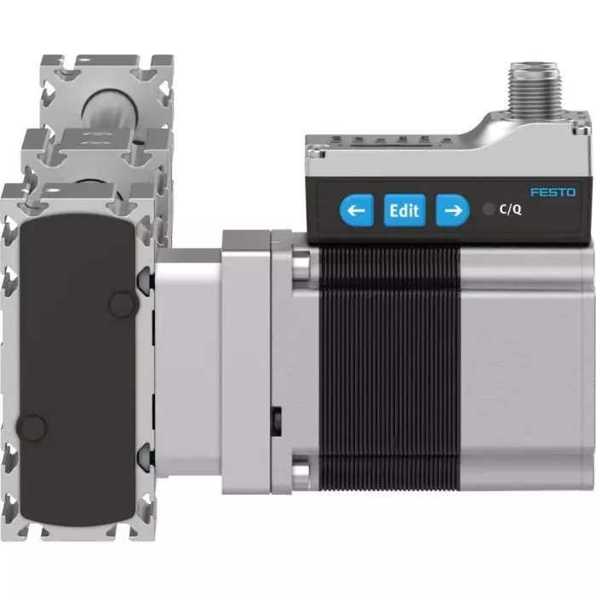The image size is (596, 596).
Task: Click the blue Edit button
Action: click(x=404, y=209)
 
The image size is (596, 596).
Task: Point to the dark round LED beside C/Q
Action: click(x=487, y=209)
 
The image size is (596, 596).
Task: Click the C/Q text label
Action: click(x=510, y=209)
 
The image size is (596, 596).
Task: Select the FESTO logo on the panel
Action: click(x=553, y=192)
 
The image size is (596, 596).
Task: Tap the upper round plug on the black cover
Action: click(x=123, y=301)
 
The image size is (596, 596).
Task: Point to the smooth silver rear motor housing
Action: click(x=524, y=366)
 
